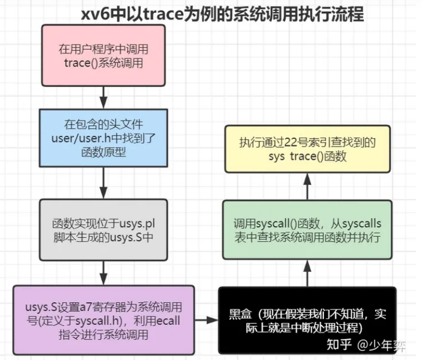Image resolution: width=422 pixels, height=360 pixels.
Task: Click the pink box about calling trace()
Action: tap(103, 56)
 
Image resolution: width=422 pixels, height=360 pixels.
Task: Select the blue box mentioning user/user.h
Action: tap(103, 138)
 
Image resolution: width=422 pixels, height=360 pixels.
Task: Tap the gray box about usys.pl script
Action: tap(103, 229)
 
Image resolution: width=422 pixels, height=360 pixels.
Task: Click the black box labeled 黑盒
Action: tap(307, 320)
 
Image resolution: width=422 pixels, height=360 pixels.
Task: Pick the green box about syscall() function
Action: tap(307, 230)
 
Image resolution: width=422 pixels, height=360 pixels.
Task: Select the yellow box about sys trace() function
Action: tap(307, 149)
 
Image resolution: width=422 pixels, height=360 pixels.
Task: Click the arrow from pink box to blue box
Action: tap(103, 98)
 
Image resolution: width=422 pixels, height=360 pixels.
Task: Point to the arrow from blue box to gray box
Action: tap(103, 183)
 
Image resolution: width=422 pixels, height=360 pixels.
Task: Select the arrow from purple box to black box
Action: tap(207, 320)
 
